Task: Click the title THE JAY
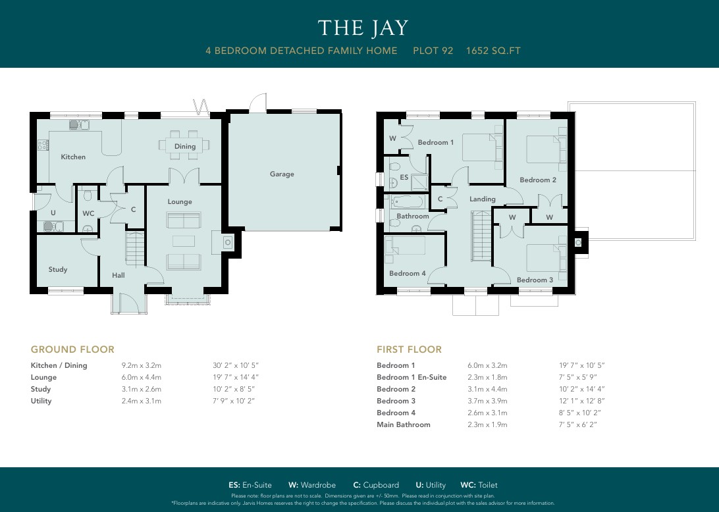363,28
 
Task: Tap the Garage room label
282,174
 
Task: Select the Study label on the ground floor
58,269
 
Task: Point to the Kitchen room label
73,157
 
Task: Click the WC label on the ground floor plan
88,213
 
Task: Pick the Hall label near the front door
119,275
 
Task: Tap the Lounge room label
180,201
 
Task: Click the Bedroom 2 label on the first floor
538,180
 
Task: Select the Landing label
483,199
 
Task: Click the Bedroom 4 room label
408,273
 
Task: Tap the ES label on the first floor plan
404,177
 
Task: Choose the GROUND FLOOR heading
72,349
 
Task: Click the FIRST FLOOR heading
409,349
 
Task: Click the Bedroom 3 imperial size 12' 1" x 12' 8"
581,401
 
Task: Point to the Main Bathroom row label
404,424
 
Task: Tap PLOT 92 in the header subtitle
433,50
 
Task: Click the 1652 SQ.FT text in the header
493,50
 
